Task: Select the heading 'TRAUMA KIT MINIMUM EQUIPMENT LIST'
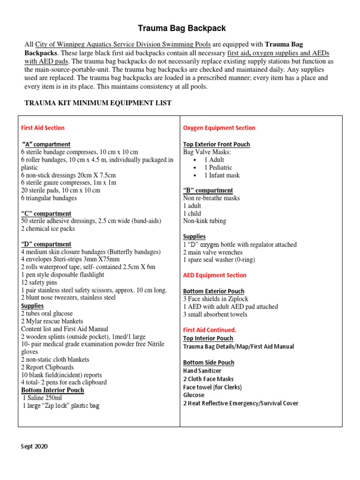(x=97, y=103)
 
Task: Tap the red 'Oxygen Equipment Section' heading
(x=219, y=127)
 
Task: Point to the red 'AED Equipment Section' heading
(x=214, y=275)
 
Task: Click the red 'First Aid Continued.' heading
(x=210, y=330)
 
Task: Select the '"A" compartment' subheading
(x=46, y=144)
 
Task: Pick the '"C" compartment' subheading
(x=46, y=214)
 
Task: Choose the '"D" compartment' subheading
(x=46, y=244)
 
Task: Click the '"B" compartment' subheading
(x=208, y=190)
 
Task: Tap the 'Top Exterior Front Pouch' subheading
(x=216, y=144)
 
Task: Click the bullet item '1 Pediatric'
(x=218, y=167)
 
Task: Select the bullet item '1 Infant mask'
(x=222, y=175)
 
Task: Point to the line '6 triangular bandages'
(x=49, y=198)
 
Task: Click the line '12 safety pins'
(x=39, y=282)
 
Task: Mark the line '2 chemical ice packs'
(x=48, y=229)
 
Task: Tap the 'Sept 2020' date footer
(x=34, y=446)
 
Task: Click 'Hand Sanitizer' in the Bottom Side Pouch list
(x=202, y=371)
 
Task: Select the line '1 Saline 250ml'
(x=43, y=398)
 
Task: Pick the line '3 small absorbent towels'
(x=215, y=314)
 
